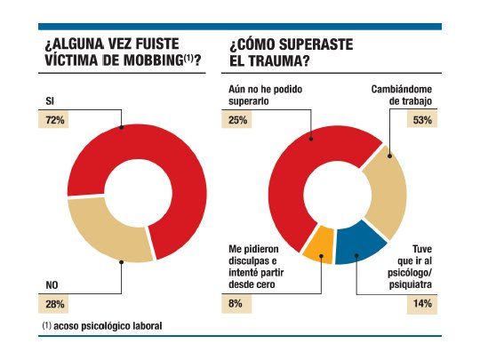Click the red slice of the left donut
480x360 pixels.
point(169,160)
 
